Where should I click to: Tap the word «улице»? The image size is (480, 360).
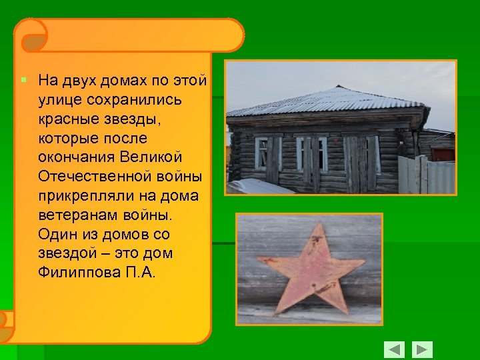(59, 100)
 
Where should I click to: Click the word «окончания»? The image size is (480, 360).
(76, 157)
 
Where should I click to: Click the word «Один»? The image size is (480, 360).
(55, 235)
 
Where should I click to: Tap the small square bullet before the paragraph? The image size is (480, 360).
(23, 80)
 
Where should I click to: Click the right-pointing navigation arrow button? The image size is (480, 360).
(422, 349)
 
